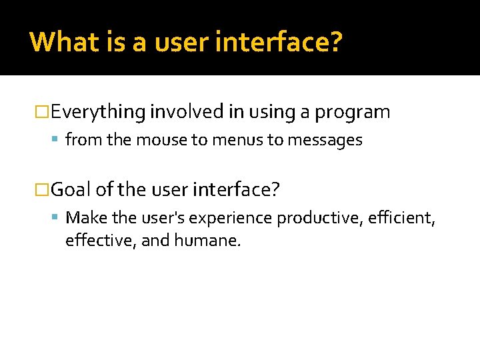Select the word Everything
(98, 112)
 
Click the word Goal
(71, 190)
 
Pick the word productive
(316, 218)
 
